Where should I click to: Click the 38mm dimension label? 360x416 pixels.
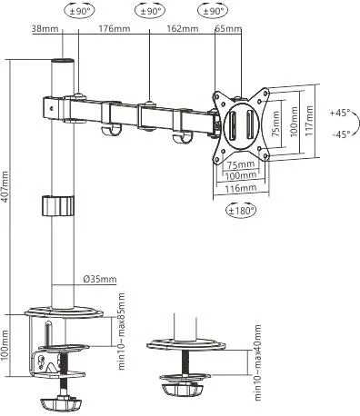[x=45, y=28]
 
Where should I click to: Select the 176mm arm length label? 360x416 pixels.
[x=109, y=28]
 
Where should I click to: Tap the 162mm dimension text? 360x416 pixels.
[x=183, y=28]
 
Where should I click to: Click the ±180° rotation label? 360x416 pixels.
[x=240, y=210]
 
